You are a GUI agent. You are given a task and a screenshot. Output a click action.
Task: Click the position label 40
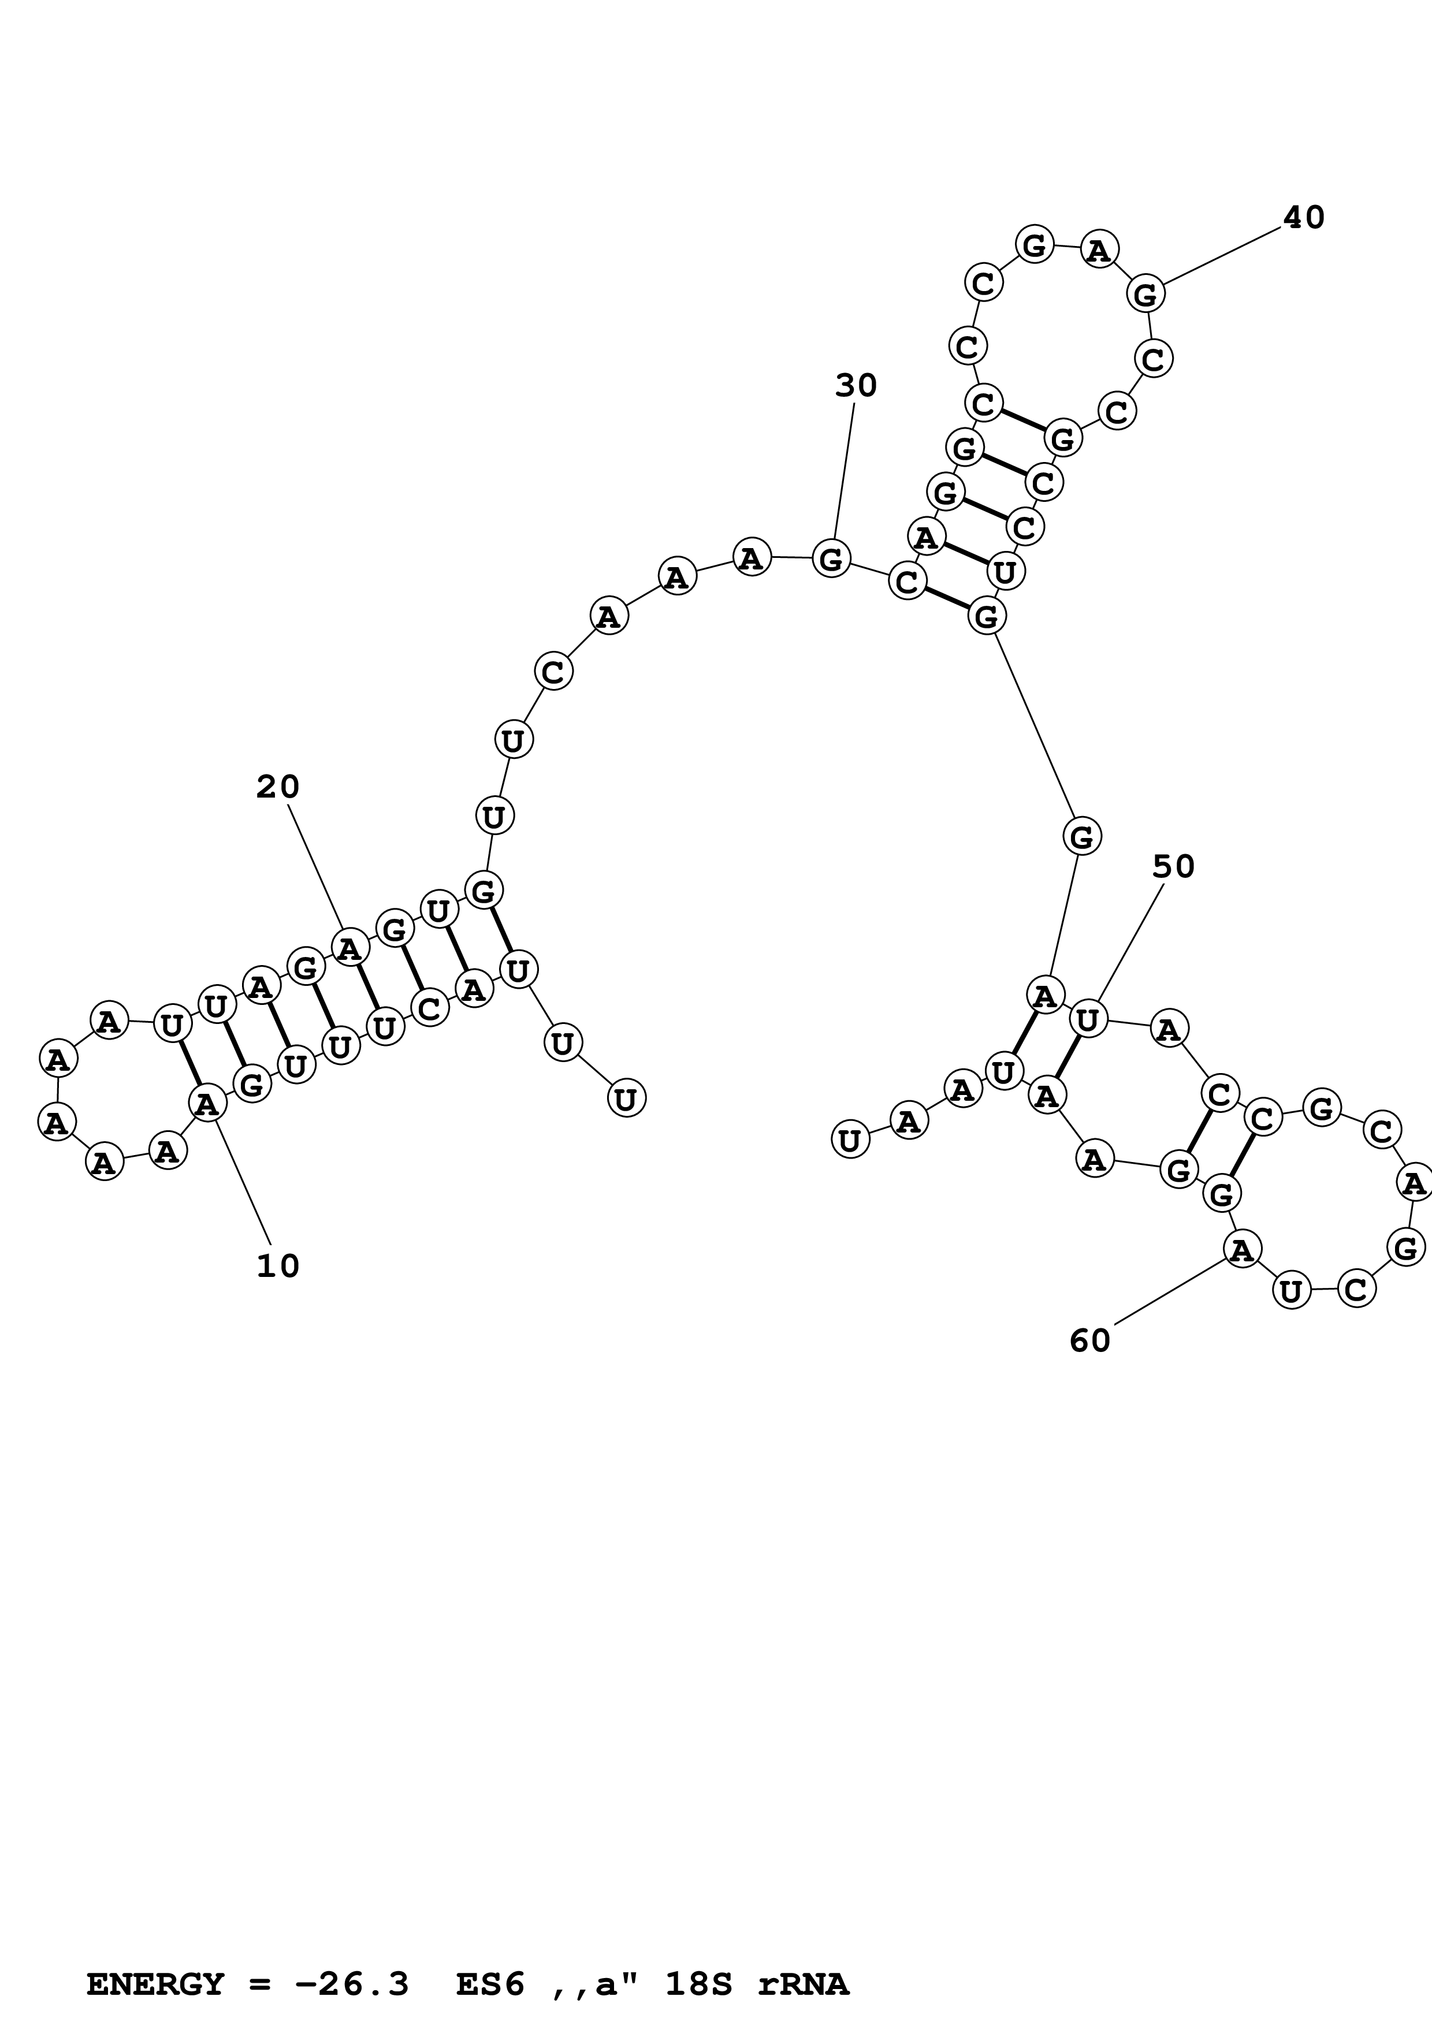pos(1303,218)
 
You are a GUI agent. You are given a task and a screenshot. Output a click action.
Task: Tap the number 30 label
pos(855,386)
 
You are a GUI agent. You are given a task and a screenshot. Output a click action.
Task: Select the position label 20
pos(278,786)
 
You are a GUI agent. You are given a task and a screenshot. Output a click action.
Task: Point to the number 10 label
pos(278,1266)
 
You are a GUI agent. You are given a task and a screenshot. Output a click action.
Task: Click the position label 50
pos(1173,867)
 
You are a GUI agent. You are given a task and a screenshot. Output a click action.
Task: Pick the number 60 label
pos(1089,1341)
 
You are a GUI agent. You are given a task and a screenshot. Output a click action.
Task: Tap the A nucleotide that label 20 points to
pos(349,948)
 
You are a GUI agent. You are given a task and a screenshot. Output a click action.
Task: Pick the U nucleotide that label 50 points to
pos(1088,1019)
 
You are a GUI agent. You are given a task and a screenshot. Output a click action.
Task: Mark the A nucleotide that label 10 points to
pos(206,1103)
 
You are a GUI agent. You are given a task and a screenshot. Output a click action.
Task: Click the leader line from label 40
pos(1222,256)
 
